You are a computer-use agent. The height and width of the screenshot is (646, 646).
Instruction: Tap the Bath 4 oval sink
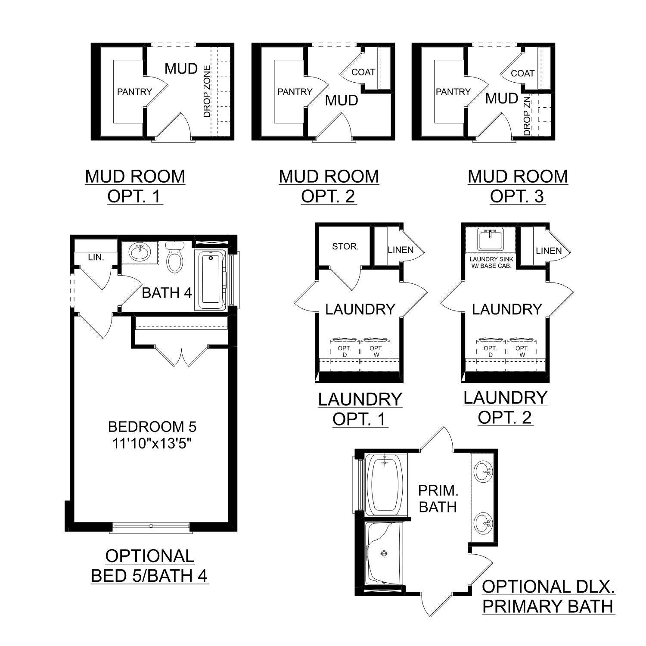(x=139, y=252)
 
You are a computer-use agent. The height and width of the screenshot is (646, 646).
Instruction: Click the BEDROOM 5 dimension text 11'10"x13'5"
(x=152, y=443)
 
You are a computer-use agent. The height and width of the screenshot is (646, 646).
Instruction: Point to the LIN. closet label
(x=96, y=257)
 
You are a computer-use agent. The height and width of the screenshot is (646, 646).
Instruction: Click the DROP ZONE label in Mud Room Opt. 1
(x=207, y=91)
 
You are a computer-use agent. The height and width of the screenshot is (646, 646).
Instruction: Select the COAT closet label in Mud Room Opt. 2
(x=363, y=72)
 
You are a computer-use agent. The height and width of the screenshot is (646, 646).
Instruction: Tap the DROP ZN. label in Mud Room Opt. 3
(x=527, y=116)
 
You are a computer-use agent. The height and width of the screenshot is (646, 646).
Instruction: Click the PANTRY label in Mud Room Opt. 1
(x=134, y=91)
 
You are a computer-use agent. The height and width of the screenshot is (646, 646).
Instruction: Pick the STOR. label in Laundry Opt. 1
(x=345, y=246)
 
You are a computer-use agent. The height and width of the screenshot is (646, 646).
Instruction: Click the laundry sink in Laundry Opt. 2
(x=491, y=239)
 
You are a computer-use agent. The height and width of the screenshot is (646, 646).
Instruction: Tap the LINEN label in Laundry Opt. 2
(x=549, y=250)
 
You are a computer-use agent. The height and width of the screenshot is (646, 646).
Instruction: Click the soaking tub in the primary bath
(x=385, y=484)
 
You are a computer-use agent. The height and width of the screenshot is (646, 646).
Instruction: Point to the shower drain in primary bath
(x=383, y=553)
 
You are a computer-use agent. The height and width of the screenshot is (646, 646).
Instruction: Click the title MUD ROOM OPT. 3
(x=518, y=186)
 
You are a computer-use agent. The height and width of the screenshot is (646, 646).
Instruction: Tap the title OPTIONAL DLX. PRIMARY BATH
(x=548, y=596)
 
